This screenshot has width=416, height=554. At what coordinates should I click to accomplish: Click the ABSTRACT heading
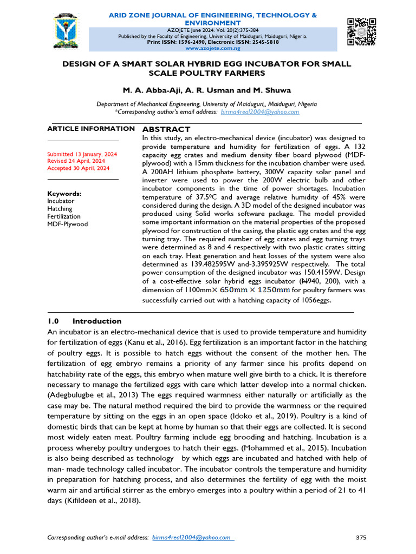point(166,129)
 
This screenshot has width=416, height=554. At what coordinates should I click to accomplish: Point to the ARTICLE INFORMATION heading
point(91,129)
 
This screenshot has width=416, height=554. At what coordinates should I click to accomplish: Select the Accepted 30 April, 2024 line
point(78,168)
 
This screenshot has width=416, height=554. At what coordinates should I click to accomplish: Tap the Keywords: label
point(64,194)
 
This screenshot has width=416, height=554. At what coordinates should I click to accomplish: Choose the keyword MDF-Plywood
point(67,224)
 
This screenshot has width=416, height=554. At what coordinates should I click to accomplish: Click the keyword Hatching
point(60,209)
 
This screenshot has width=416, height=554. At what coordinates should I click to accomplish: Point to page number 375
point(361,537)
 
